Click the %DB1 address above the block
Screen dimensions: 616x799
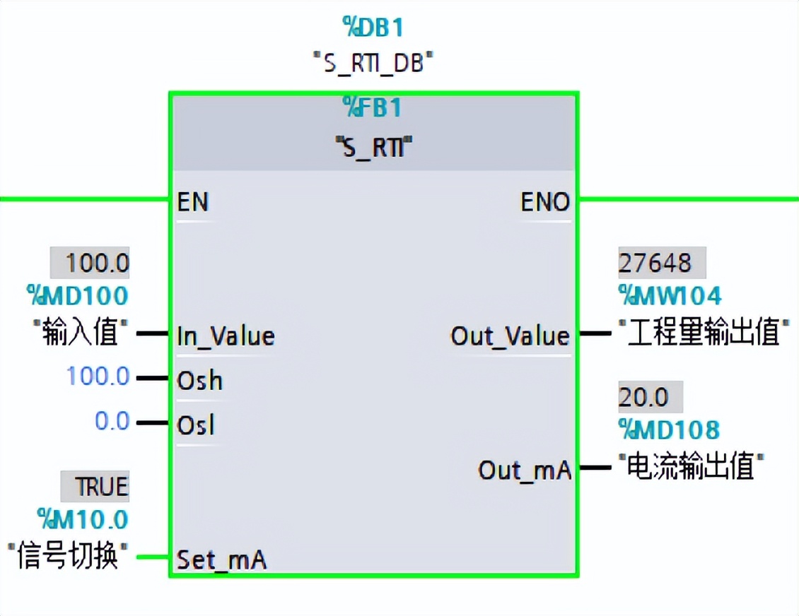point(373,28)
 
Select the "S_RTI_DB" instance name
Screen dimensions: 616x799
point(373,63)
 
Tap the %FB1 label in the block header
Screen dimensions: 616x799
point(373,108)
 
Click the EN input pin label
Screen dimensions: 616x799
point(193,203)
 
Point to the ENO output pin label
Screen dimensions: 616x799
point(545,203)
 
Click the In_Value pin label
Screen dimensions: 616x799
point(226,336)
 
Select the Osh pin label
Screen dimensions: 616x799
point(200,381)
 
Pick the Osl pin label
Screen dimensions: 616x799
point(196,425)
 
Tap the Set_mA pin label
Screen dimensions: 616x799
point(221,560)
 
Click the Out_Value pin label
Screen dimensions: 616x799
point(510,336)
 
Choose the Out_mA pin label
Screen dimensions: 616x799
point(524,470)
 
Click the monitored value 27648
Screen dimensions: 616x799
point(655,263)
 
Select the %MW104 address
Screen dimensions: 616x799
point(670,295)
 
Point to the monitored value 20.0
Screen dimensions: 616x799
point(643,398)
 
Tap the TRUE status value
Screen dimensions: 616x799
point(102,487)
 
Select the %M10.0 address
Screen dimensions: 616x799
point(83,520)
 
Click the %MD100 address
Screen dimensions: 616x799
point(78,295)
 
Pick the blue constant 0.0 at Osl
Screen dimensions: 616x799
point(112,422)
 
